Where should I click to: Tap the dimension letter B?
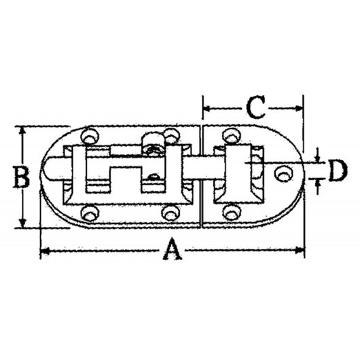click(22, 178)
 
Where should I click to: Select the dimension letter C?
click(254, 107)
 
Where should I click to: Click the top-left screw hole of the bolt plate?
click(88, 137)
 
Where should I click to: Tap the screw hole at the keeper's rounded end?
click(281, 175)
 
